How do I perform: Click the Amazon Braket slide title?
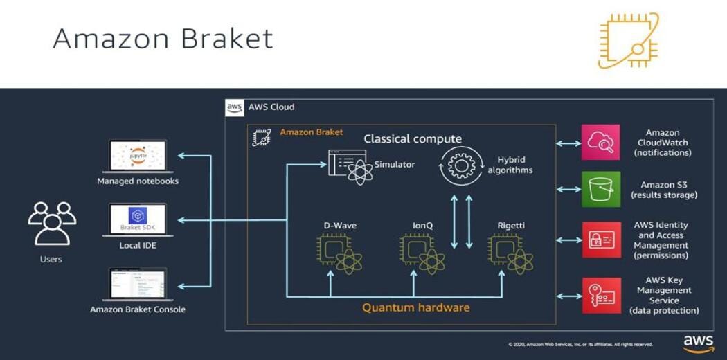click(x=163, y=39)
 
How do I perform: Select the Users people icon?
click(x=51, y=223)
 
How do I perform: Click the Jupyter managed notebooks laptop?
click(x=138, y=156)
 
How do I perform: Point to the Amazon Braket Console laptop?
click(x=138, y=284)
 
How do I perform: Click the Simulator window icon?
click(x=350, y=166)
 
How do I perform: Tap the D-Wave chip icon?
click(x=339, y=253)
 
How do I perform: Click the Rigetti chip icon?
click(x=510, y=253)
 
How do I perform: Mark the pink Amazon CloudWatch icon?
click(x=600, y=143)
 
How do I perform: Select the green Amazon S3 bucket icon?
click(x=600, y=189)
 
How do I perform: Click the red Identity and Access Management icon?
click(x=600, y=240)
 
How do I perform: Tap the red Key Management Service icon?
click(x=600, y=296)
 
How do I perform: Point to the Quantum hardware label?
click(x=415, y=307)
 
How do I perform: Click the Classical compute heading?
click(x=413, y=139)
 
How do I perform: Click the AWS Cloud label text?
click(x=271, y=107)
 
